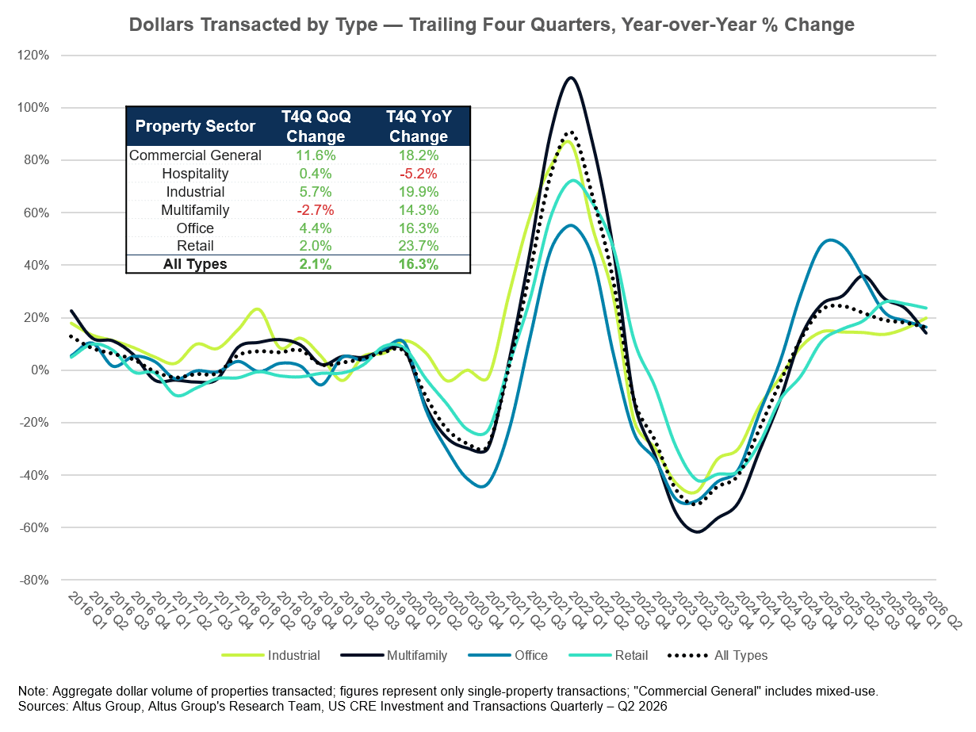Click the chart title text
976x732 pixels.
(x=492, y=25)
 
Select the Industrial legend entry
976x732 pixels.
(x=271, y=655)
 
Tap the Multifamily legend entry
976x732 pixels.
(x=393, y=655)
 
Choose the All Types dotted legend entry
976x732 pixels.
(x=718, y=655)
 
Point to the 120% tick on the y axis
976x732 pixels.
(x=33, y=56)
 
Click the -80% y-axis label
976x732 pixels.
(x=34, y=580)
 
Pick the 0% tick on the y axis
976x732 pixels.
(x=40, y=370)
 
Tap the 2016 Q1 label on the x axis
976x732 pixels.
(x=87, y=611)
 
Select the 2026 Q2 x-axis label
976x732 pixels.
(x=943, y=611)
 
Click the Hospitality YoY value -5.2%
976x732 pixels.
(x=419, y=174)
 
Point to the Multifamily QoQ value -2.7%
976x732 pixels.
(x=316, y=210)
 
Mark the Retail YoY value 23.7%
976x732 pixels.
(x=419, y=246)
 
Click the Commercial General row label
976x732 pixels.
(x=195, y=155)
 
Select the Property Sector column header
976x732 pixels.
(x=195, y=126)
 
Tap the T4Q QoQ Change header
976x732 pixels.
(x=316, y=126)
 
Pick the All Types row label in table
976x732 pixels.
(x=195, y=264)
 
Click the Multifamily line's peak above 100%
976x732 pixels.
(x=571, y=78)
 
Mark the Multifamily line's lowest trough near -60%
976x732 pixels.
(x=698, y=531)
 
